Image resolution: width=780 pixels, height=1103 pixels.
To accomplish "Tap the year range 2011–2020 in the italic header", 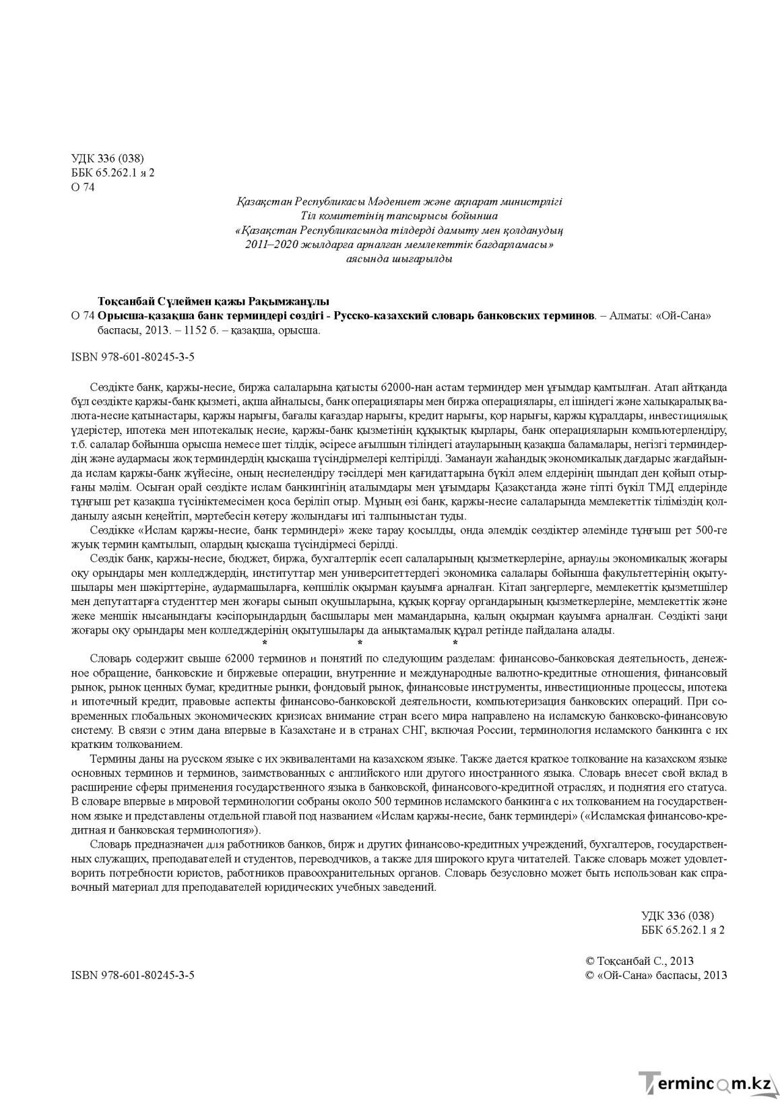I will click(x=271, y=244).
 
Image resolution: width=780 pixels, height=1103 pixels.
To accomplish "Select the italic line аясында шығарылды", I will click(x=399, y=258).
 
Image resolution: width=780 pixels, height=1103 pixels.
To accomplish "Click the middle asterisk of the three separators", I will click(x=359, y=644).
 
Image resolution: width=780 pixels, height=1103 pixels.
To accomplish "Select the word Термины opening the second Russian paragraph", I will click(x=109, y=759).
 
